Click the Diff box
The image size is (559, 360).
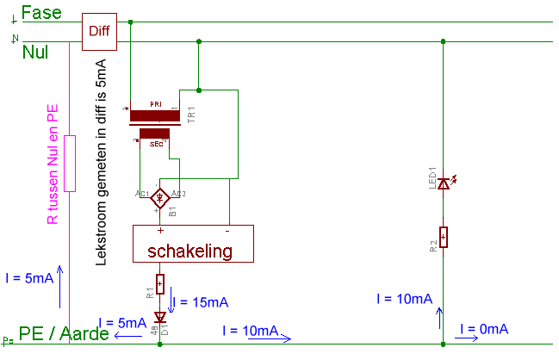coord(99,31)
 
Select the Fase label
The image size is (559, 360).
coord(40,12)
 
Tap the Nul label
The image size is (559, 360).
coord(34,53)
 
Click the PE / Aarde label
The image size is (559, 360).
coord(65,333)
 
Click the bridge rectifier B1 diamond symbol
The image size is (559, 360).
coord(159,199)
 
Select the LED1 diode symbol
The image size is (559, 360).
coord(444,183)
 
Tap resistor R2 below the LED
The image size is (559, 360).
coord(443,237)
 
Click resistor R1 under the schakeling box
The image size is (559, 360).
coord(160,285)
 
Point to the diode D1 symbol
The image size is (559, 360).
coord(160,317)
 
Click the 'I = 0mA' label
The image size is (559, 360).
coord(484,329)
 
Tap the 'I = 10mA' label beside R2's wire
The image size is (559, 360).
coord(404,299)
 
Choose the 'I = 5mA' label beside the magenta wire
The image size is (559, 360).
coord(29,278)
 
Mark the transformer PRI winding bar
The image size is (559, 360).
coord(153,115)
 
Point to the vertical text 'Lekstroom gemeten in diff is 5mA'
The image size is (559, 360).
coord(101,160)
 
